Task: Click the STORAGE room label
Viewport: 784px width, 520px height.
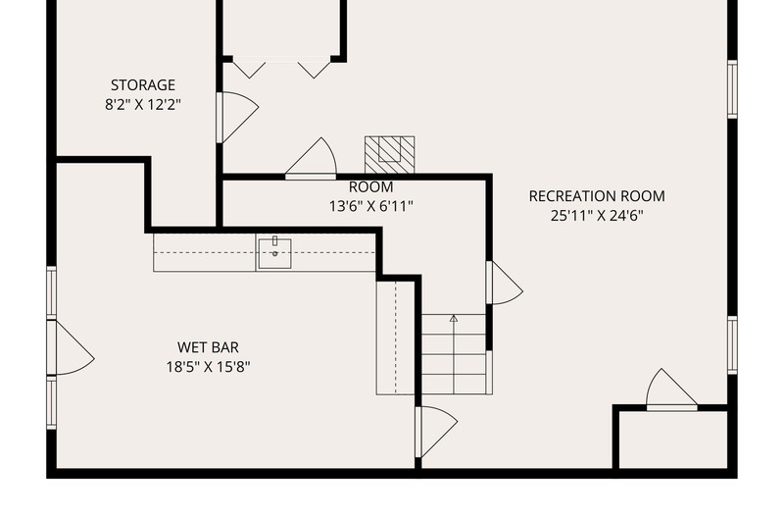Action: click(143, 85)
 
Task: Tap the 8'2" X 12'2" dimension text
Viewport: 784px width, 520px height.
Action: click(143, 105)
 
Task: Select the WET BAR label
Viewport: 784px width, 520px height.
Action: click(208, 347)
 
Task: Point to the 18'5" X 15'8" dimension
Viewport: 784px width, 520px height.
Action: click(208, 367)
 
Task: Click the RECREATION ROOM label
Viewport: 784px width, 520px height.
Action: click(597, 196)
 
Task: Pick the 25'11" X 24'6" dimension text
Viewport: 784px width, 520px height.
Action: click(597, 216)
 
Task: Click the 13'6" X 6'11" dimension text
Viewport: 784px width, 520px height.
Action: click(371, 206)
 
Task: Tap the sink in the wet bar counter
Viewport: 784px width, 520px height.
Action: click(274, 253)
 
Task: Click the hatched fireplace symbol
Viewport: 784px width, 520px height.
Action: click(389, 155)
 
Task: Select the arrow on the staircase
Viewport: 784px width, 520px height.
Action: click(454, 353)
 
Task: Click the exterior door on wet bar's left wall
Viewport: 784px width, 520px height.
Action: click(71, 348)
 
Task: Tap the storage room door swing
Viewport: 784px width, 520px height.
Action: click(237, 117)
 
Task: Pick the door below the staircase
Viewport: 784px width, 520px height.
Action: click(435, 432)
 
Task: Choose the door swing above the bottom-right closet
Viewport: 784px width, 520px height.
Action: click(671, 390)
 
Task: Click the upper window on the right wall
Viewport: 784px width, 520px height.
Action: click(732, 89)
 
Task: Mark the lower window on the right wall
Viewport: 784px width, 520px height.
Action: click(732, 344)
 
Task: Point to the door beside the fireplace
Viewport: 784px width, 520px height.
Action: click(311, 158)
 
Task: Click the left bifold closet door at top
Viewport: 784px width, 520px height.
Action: click(250, 70)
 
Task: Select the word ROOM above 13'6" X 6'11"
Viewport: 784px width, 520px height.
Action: click(371, 187)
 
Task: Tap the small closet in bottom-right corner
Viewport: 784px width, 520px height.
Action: click(673, 440)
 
